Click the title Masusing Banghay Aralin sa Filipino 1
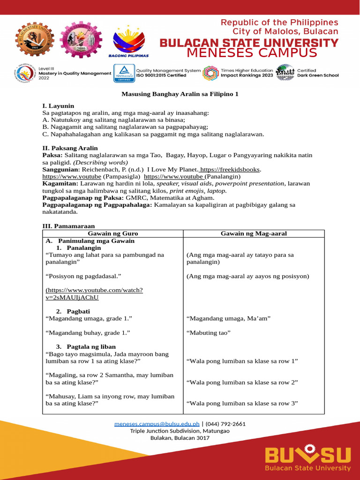[x=180, y=94]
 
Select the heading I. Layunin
[x=58, y=106]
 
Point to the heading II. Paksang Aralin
[x=70, y=148]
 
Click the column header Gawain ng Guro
[x=112, y=233]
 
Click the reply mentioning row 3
[x=242, y=403]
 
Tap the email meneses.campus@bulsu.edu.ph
[x=157, y=424]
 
